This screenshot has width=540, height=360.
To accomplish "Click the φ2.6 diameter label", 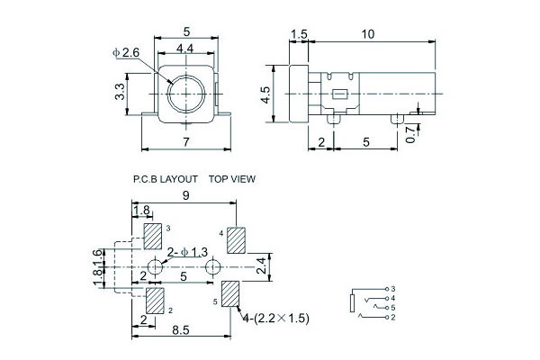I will pos(126,52).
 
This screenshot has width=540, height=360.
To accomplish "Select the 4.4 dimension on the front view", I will pos(187,47).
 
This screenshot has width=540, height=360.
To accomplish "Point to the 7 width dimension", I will pos(186,142).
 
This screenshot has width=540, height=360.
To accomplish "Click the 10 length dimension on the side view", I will pos(370,33).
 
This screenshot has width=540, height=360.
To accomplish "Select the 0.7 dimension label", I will pos(410,134).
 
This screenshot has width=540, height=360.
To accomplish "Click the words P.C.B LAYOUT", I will pos(165,179).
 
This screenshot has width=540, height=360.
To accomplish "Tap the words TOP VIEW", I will pos(232,179).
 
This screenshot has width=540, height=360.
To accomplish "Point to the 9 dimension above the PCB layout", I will pos(184,195).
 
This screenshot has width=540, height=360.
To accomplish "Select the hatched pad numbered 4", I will pos(237,240).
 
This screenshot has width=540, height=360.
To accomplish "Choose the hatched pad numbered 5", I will pos(231,293).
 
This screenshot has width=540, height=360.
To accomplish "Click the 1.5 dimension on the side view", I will pos(300,33).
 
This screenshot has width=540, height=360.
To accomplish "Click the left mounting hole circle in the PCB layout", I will pos(156,267).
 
